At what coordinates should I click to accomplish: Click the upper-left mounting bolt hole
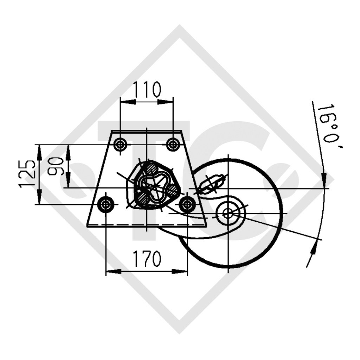[x=121, y=144]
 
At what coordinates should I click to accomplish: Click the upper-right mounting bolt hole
[x=173, y=144]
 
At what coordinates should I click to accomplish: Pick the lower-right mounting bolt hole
[x=187, y=204]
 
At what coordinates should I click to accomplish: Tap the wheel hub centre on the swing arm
[x=228, y=213]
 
